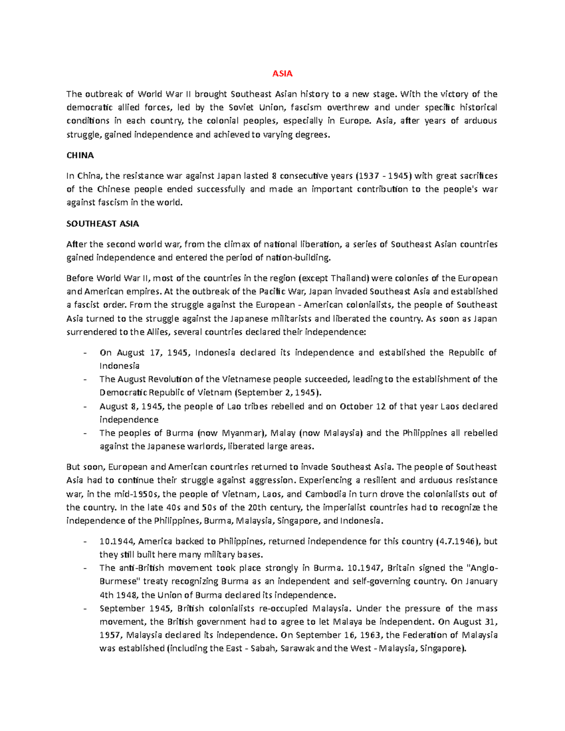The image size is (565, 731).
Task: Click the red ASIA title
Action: point(282,73)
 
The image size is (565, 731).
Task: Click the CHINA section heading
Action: point(80,155)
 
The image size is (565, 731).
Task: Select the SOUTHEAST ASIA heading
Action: point(102,224)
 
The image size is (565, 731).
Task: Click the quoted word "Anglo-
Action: point(482,568)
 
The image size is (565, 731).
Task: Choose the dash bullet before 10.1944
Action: point(84,541)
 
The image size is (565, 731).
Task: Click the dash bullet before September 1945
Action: point(84,609)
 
